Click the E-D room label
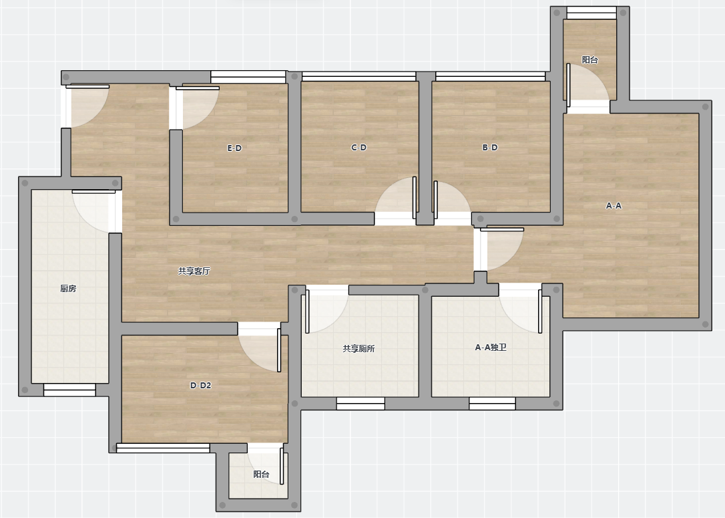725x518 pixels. [234, 148]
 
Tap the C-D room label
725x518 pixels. [358, 148]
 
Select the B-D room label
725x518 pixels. [490, 148]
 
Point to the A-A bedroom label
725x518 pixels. [614, 206]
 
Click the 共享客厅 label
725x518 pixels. [194, 271]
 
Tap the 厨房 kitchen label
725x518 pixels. [68, 288]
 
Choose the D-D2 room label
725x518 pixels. [201, 385]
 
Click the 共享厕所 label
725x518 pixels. [358, 349]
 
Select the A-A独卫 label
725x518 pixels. [491, 347]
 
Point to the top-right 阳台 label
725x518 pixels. [589, 59]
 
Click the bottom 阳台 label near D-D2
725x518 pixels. [261, 474]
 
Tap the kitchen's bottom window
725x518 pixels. [70, 390]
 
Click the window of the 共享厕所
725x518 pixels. [360, 404]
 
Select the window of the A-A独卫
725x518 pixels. [493, 404]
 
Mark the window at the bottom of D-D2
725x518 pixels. [163, 448]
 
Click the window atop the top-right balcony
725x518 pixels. [592, 13]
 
